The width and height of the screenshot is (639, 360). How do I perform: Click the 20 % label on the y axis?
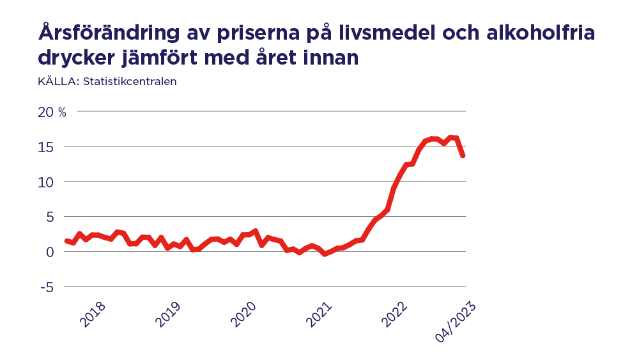tap(52, 112)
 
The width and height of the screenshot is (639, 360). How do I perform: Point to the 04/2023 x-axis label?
tap(456, 322)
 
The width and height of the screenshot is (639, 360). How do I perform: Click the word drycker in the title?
tap(78, 58)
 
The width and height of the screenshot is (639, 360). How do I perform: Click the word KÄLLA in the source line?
tap(58, 81)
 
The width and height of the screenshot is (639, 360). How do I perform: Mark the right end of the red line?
tap(463, 155)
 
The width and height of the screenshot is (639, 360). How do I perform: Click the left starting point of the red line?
tap(66, 240)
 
